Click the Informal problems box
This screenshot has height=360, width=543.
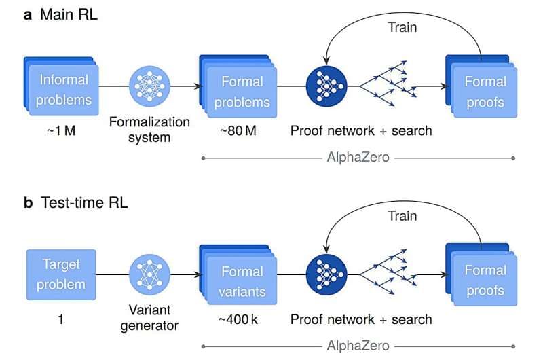pos(63,90)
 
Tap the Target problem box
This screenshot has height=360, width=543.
pos(61,274)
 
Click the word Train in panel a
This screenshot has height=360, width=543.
pos(402,27)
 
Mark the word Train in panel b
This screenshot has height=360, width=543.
pos(402,215)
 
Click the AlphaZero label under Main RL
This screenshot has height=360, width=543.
pos(358,159)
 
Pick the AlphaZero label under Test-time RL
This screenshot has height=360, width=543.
pos(358,346)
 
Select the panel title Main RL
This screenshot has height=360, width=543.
pos(70,14)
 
